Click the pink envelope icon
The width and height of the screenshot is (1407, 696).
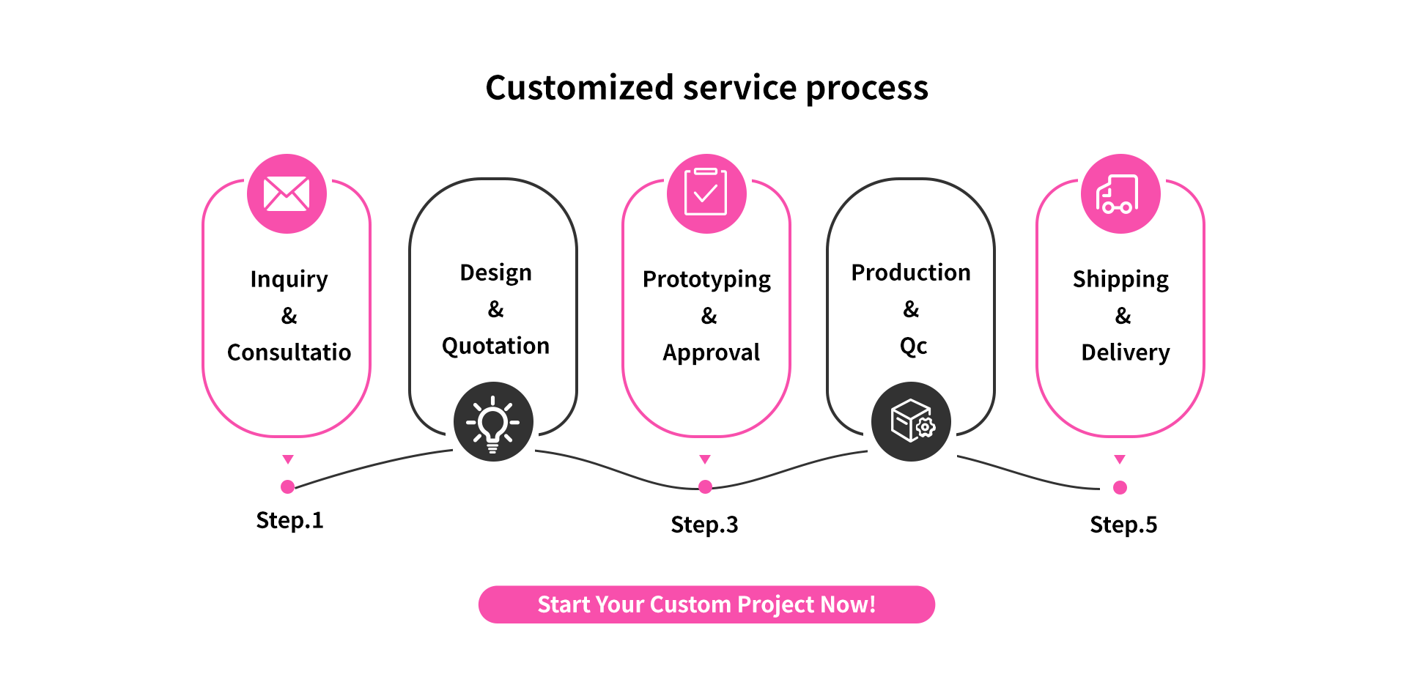[287, 193]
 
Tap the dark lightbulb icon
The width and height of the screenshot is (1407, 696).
[493, 422]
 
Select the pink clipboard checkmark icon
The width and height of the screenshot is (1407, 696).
[706, 193]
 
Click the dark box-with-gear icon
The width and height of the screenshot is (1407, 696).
[911, 422]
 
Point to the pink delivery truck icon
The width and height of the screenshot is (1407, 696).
[1120, 193]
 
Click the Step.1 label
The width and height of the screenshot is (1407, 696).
[289, 520]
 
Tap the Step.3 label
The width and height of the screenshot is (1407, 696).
[704, 525]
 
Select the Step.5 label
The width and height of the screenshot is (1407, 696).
[1123, 525]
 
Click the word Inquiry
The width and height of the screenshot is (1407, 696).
[289, 279]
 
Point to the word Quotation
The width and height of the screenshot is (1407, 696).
[495, 346]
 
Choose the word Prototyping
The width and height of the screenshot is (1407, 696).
[706, 279]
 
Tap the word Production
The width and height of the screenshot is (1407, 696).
[911, 273]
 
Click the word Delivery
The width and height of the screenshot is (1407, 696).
[1125, 352]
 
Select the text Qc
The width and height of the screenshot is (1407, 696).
[913, 346]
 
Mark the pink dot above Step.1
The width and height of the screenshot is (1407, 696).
[288, 486]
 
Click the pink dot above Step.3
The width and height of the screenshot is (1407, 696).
[705, 486]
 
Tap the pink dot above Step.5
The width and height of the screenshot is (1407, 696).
[1120, 487]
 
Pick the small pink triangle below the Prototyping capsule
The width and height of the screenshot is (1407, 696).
[705, 459]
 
